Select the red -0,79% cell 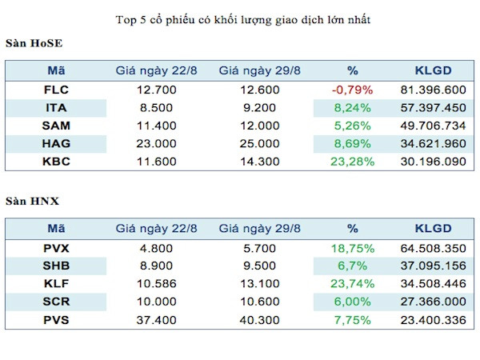[x=353, y=90]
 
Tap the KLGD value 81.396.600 [x=433, y=90]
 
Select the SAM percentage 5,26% [x=353, y=125]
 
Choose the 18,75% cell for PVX [x=353, y=247]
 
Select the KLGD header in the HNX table [x=433, y=227]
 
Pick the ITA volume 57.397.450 [x=433, y=107]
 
